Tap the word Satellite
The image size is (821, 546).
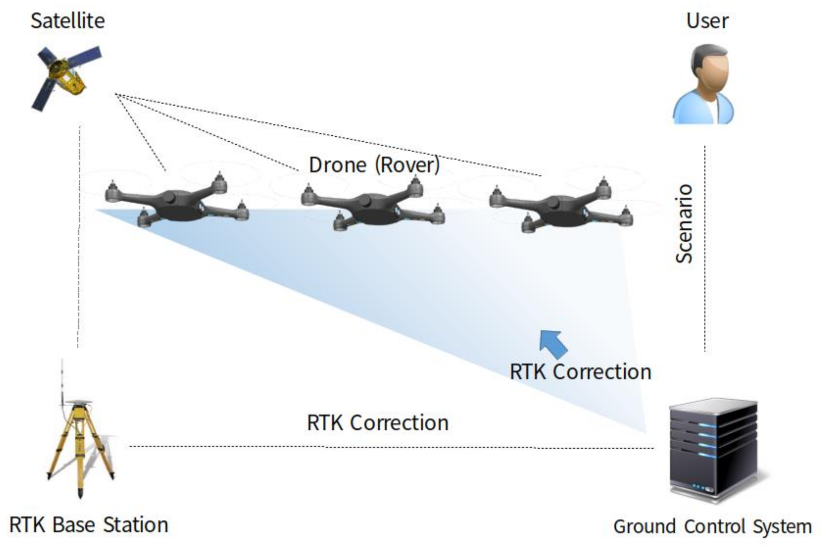click(68, 21)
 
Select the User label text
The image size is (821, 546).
click(707, 21)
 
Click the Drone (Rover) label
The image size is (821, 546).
click(374, 165)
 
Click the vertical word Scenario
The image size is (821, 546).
click(684, 224)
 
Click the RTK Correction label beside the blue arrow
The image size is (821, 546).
click(580, 372)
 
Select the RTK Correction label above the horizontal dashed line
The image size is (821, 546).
click(378, 423)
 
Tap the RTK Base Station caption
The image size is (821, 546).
click(89, 525)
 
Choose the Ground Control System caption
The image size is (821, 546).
click(712, 527)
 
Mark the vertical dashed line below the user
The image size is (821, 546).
click(705, 250)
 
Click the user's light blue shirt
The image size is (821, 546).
click(703, 111)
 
